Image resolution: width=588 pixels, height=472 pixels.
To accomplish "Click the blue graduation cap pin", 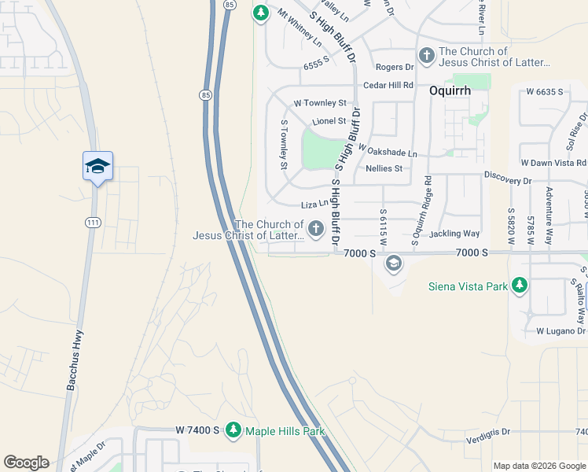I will coord(97,167).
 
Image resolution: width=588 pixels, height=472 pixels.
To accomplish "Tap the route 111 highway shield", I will coord(93,223).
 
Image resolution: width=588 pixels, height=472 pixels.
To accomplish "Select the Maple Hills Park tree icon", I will coord(233,430).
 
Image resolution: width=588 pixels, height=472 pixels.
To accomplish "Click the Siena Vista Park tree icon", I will coord(519,286).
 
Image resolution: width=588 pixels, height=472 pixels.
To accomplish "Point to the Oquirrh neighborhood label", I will coord(450,90).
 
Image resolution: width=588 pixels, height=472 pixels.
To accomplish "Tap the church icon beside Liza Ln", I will coord(316,229).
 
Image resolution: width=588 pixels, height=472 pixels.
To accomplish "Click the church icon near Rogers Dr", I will coord(427,55).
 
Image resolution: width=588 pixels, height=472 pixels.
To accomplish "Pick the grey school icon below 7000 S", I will coord(393,264).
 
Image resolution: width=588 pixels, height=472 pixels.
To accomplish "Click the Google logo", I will coord(26,463).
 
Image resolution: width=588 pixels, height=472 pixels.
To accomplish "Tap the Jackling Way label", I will coord(454,234).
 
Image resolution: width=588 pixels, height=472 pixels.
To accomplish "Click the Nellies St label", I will coord(384,168).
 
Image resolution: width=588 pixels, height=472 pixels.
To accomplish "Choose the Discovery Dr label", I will coord(508,178).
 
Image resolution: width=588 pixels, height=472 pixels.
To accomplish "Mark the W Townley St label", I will coord(320,103).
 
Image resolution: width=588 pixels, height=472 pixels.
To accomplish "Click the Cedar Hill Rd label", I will coord(388,85).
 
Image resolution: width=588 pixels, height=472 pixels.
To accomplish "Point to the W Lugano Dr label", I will coord(562,331).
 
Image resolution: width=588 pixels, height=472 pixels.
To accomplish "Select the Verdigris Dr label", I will coord(488,432).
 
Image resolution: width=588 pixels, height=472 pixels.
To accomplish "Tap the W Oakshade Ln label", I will coord(388,150).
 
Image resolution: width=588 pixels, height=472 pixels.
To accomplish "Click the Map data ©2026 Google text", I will coord(539,465).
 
